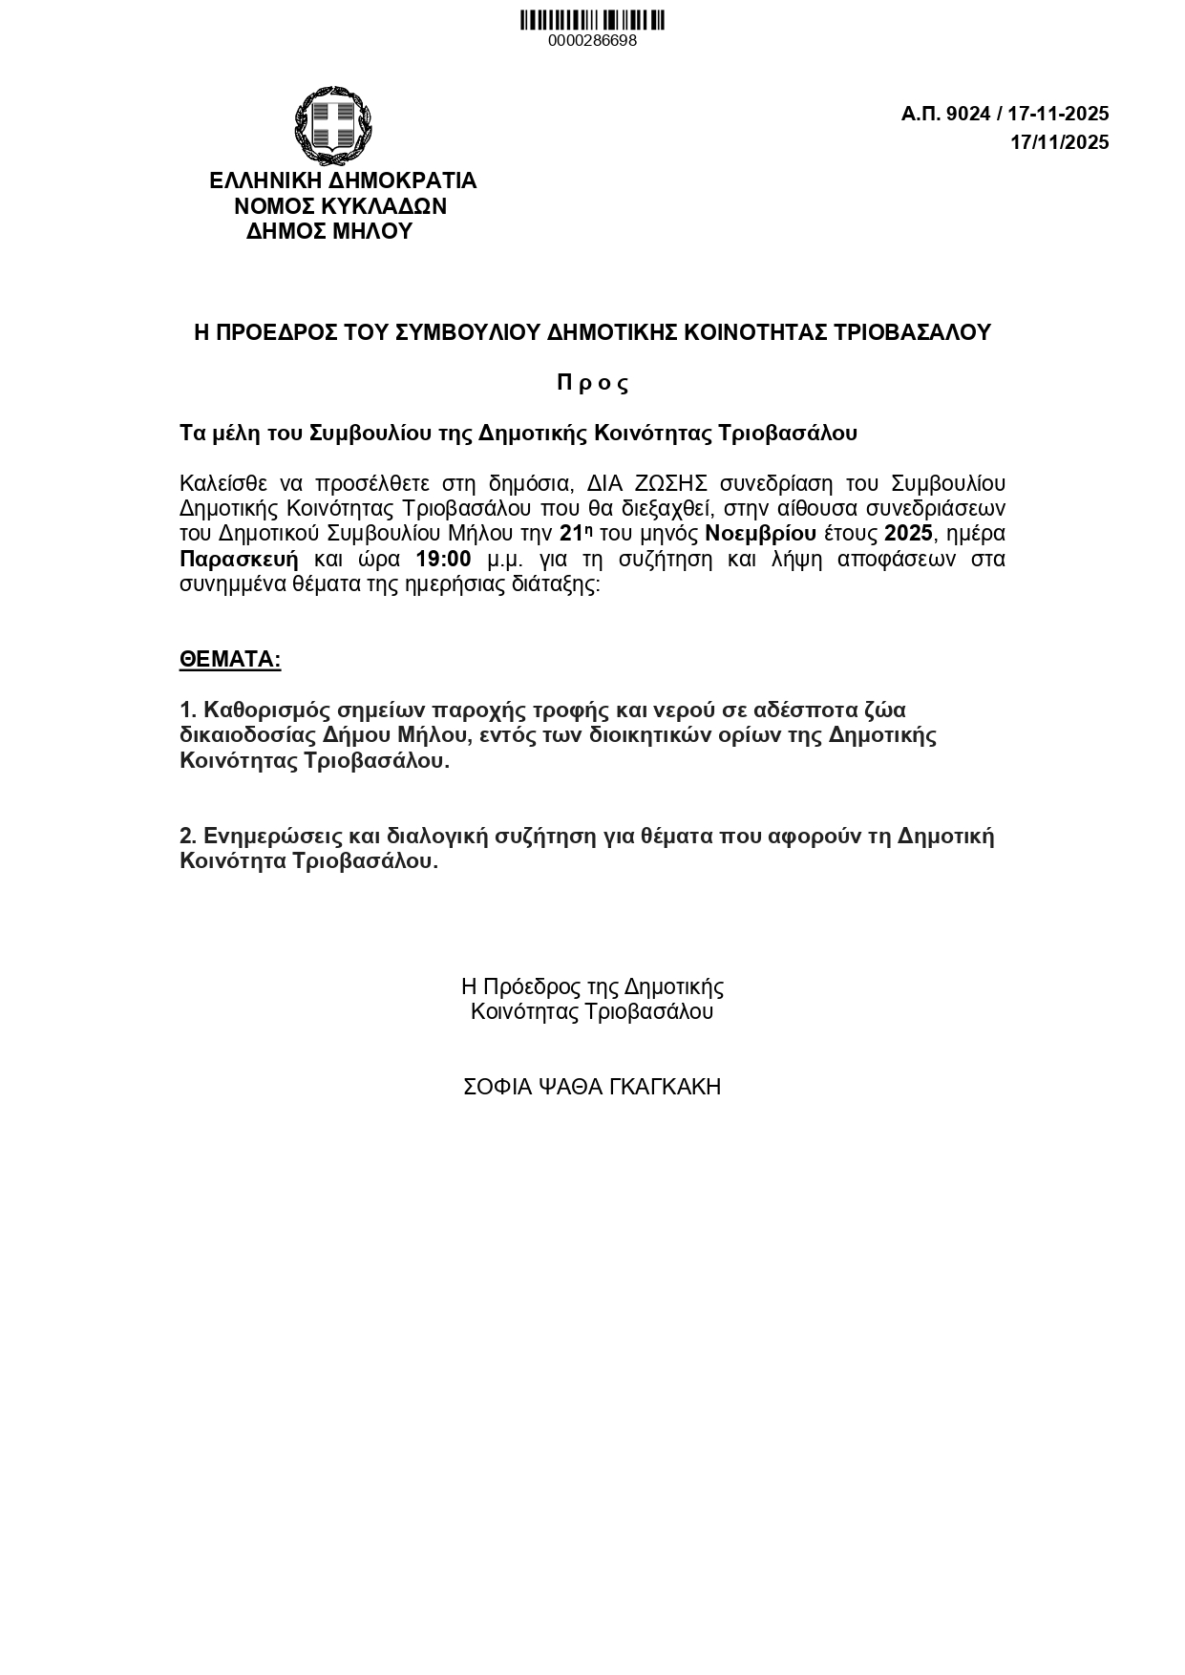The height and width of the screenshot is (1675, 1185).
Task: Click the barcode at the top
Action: [x=592, y=20]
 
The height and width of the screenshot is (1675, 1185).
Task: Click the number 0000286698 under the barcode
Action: [x=592, y=41]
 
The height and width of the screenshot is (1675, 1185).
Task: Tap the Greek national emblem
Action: [x=332, y=125]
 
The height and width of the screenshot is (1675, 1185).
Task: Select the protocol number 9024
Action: [x=968, y=115]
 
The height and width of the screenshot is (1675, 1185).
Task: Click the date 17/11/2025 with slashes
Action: [x=1060, y=143]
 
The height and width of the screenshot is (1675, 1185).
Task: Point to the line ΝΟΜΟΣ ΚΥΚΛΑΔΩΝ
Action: [x=341, y=206]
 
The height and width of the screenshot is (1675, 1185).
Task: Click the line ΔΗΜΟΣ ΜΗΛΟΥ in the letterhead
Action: [x=329, y=231]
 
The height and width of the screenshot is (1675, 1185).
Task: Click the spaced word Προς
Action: [x=592, y=383]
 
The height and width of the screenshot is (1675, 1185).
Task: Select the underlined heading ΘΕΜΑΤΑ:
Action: [x=230, y=660]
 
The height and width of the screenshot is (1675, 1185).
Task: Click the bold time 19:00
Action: [x=443, y=559]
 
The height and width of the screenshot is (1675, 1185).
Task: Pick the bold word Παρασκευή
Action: [x=239, y=559]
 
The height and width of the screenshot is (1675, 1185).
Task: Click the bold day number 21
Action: [x=571, y=533]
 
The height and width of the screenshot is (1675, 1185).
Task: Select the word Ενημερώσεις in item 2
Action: [x=272, y=837]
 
